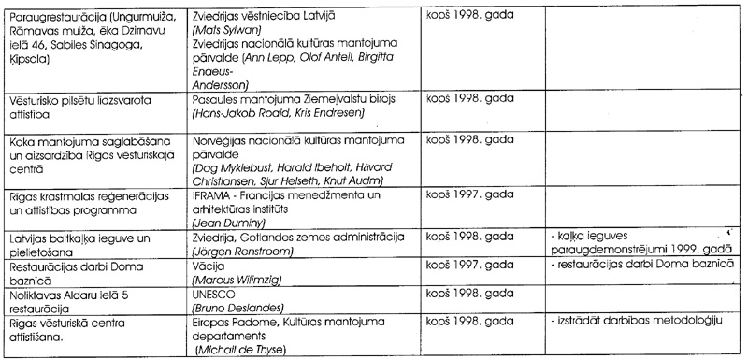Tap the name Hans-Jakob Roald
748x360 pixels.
[234, 111]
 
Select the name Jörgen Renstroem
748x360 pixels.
[242, 253]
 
